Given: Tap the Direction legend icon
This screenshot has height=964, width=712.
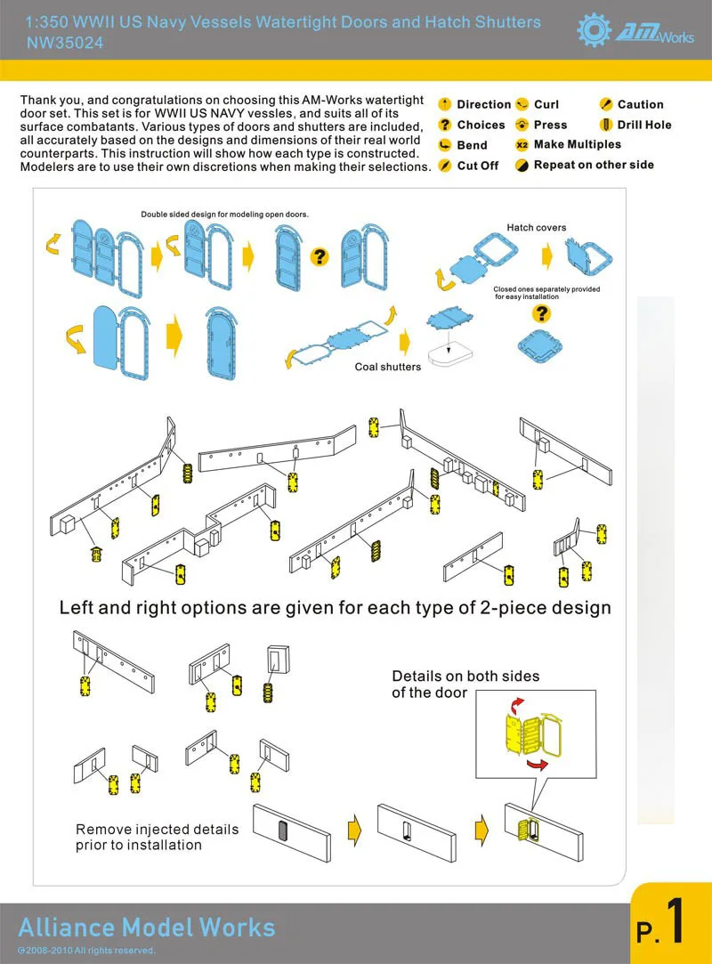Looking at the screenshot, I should point(445,104).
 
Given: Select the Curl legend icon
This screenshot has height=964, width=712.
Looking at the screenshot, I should point(522,104).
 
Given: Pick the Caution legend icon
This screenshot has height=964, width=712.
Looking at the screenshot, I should point(606,104).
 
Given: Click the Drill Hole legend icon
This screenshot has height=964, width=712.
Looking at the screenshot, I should point(606,125).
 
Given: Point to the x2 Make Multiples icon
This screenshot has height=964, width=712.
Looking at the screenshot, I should point(522,144).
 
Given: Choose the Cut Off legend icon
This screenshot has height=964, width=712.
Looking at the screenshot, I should point(445,166).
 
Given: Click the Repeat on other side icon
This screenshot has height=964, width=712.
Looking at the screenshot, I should point(522,165).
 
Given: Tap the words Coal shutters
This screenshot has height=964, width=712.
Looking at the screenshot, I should point(388,367).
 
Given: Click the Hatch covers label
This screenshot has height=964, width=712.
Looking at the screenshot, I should point(537,228).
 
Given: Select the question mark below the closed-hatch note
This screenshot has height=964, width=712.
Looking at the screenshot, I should point(541,314).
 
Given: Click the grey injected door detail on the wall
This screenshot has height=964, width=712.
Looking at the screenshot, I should point(283,830).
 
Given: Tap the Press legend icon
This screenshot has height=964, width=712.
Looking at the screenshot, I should point(522,125).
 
